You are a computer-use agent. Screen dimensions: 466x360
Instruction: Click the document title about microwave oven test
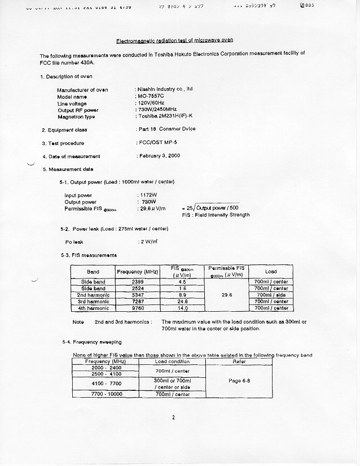point(174,40)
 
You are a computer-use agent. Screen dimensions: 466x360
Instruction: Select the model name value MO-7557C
point(151,97)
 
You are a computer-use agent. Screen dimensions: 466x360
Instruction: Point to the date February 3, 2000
point(159,155)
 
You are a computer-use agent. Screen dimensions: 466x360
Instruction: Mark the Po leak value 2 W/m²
point(148,242)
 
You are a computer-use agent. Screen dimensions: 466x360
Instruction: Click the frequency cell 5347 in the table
point(137,295)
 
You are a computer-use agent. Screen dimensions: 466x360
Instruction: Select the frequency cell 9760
point(137,308)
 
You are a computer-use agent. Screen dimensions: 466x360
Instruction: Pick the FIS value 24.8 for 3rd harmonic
point(182,302)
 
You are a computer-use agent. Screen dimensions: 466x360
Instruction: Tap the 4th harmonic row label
point(93,308)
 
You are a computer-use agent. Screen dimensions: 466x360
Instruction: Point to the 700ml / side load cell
point(271,295)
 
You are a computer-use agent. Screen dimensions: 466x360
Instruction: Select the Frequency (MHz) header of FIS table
point(137,272)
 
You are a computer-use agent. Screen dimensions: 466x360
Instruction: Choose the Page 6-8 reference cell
point(239,381)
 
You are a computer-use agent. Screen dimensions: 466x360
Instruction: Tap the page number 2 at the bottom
point(174,418)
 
